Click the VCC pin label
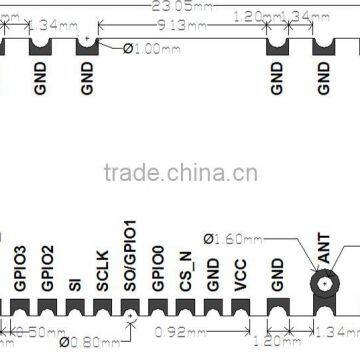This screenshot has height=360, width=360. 241,274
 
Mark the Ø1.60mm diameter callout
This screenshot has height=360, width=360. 231,238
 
